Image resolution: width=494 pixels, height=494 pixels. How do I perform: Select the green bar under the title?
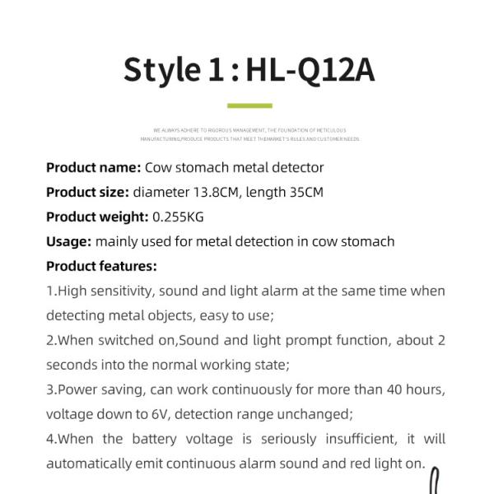coord(249,106)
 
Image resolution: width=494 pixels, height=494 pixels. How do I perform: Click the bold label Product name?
coord(93,167)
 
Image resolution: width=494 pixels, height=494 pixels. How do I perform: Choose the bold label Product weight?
coord(97,217)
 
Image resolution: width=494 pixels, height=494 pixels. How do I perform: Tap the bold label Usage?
coord(68,241)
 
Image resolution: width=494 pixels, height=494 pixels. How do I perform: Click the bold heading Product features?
coord(101,266)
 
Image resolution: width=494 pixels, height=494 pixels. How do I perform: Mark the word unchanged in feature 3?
coord(315,414)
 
